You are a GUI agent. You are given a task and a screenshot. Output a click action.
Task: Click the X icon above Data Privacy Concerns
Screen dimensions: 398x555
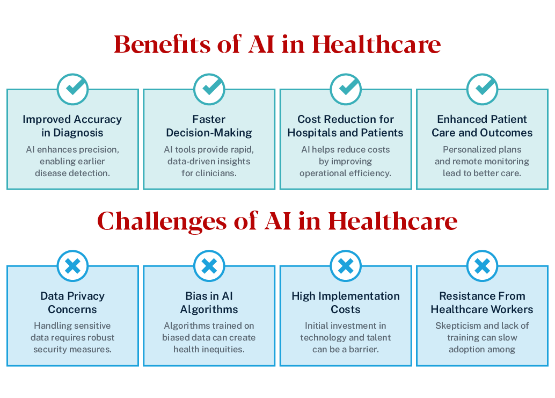pos(72,265)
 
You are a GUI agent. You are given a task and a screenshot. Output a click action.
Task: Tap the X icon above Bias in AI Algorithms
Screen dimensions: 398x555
pos(209,265)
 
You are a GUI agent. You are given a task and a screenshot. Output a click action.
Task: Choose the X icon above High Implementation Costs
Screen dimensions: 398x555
pos(346,265)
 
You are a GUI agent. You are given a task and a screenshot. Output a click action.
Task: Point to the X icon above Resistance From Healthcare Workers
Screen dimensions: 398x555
pos(482,265)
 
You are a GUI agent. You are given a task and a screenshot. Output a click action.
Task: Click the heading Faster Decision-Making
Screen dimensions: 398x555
pos(209,126)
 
